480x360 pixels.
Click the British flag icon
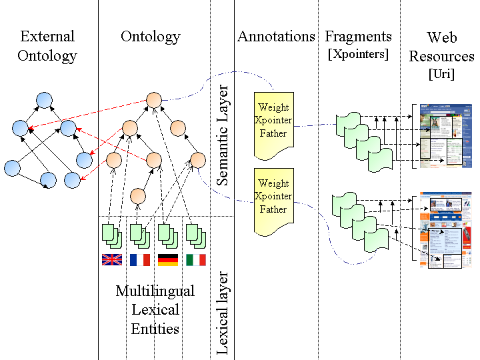point(111,259)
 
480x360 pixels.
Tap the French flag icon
point(139,259)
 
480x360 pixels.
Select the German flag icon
point(167,259)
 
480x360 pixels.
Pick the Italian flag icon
point(195,259)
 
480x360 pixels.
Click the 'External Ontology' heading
point(47,46)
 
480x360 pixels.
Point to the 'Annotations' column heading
point(276,37)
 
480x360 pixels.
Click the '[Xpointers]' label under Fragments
point(358,55)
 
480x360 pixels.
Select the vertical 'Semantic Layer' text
point(223,135)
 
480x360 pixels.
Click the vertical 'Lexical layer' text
point(223,312)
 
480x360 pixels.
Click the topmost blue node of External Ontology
point(44,101)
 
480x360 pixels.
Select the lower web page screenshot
point(441,229)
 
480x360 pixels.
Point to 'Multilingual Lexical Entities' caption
point(155,309)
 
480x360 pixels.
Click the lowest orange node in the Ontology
point(138,196)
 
